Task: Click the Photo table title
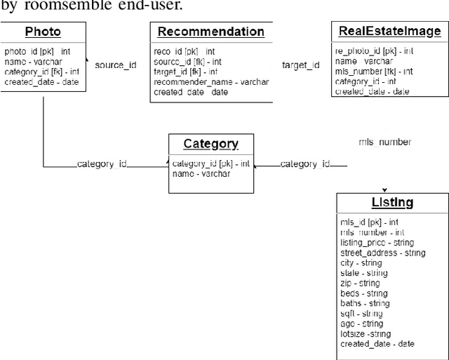click(43, 32)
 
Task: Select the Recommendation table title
click(210, 32)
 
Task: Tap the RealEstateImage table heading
click(389, 31)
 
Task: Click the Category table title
click(210, 144)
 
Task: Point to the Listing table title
click(391, 203)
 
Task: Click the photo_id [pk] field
click(37, 51)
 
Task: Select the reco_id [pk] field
click(185, 51)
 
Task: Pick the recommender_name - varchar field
click(204, 82)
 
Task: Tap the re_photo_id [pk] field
click(373, 51)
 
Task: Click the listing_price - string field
click(377, 242)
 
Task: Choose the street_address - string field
click(382, 253)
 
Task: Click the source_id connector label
click(116, 65)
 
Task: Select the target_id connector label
click(300, 65)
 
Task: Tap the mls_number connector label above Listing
click(384, 142)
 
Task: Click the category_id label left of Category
click(102, 164)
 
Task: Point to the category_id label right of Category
click(305, 164)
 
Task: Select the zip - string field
click(360, 284)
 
